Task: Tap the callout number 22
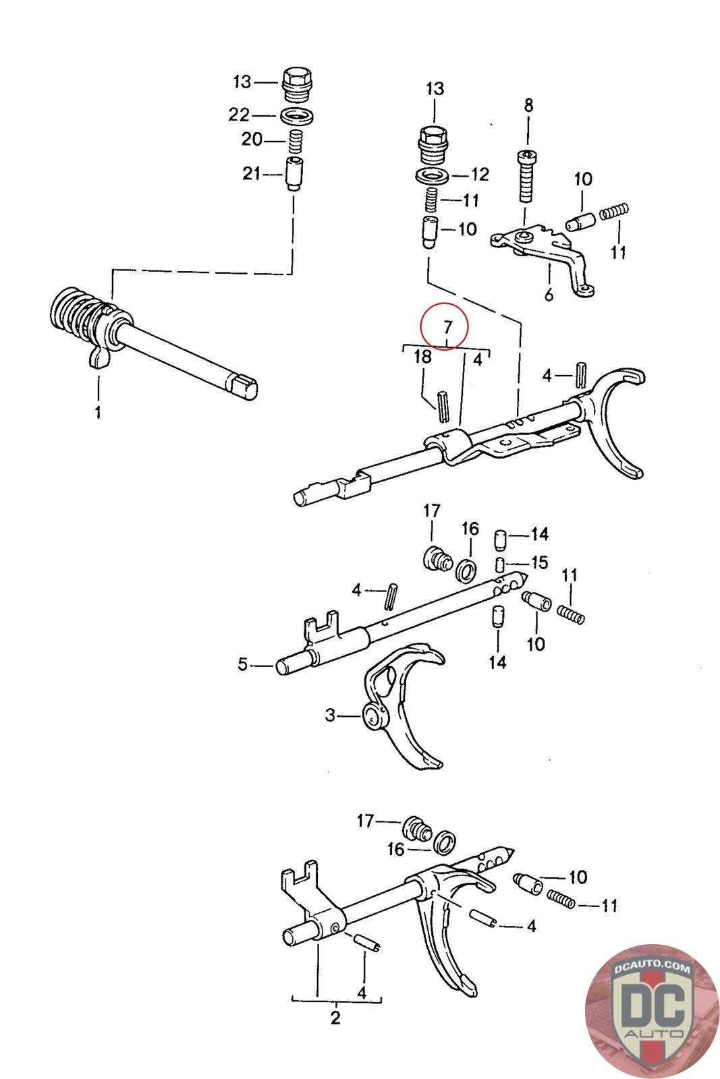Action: coord(239,115)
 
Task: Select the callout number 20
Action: coord(251,140)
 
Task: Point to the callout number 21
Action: coord(251,174)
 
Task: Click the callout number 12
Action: coord(479,175)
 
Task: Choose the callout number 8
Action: coord(528,105)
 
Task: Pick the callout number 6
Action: coord(548,295)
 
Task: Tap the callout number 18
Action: coord(422,357)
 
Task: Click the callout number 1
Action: coord(98,411)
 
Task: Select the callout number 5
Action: coord(242,665)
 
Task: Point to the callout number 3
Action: coord(330,715)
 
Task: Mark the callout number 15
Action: coord(539,562)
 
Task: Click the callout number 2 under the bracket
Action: coord(335,1018)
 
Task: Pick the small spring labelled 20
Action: coord(294,140)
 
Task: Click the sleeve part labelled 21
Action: coord(294,174)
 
